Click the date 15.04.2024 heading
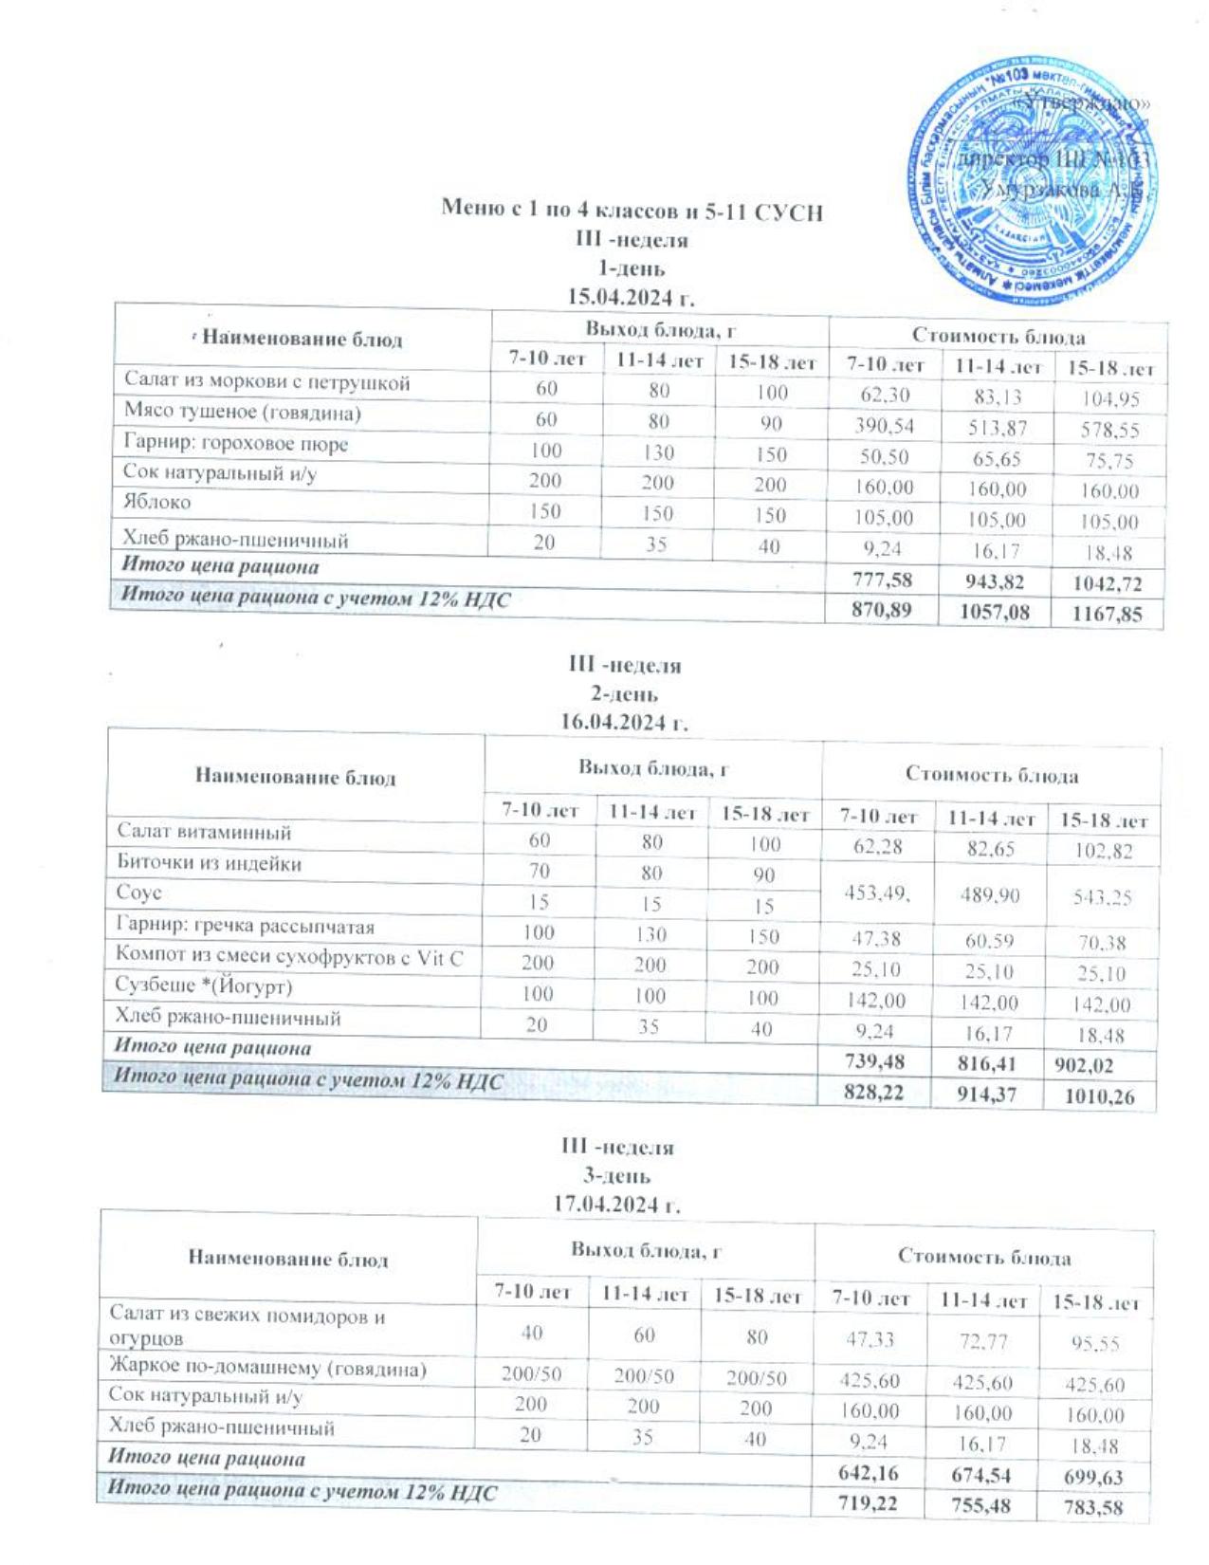tap(631, 297)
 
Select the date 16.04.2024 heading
tap(624, 722)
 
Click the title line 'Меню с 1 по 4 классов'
tap(632, 211)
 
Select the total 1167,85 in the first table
tap(1106, 615)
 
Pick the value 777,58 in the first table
tap(882, 580)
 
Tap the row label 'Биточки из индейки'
tap(209, 863)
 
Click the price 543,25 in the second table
tap(1103, 896)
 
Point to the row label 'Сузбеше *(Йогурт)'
tap(204, 985)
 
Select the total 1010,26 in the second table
tap(1100, 1098)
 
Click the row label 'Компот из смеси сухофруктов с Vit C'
tap(289, 957)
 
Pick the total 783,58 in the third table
tap(1093, 1508)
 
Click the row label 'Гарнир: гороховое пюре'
tap(236, 444)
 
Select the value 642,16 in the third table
tap(870, 1473)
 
